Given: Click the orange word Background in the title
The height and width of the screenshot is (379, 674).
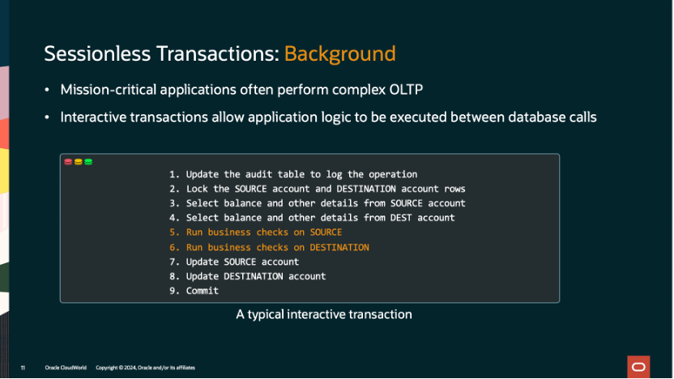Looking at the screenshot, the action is pos(339,54).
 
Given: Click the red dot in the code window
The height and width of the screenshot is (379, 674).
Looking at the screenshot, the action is pos(68,162).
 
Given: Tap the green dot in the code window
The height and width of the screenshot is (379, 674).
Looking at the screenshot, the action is pos(88,162).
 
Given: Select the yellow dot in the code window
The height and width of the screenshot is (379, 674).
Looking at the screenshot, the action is pos(78,162).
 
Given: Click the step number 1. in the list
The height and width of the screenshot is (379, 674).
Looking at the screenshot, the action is pos(174,174).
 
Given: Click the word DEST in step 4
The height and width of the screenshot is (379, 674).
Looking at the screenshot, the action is pos(378,218).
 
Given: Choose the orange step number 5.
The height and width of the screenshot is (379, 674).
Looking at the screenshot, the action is pos(174,232).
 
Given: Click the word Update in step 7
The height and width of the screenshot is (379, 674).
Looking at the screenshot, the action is pos(203,262).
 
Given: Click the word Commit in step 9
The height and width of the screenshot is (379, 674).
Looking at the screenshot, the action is pos(203,291).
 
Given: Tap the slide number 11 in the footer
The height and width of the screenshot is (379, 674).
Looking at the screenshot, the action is pos(23,368).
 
